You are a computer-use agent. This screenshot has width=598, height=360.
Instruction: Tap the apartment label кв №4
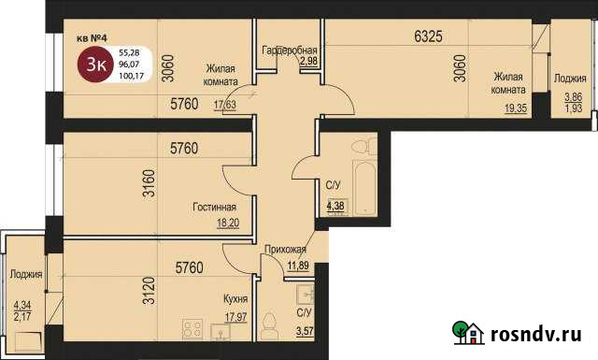click(94, 39)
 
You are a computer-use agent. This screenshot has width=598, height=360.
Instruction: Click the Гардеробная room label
click(290, 50)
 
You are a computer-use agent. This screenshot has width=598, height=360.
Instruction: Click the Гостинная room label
click(214, 207)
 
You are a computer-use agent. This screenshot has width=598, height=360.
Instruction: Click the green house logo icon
click(468, 333)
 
